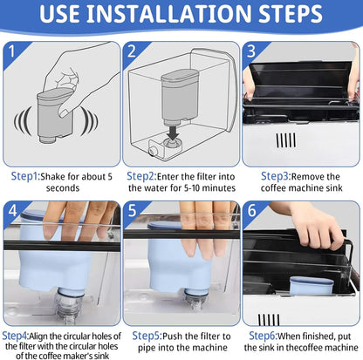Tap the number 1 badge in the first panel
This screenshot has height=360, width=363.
[12, 51]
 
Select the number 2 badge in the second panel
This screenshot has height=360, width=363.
[132, 51]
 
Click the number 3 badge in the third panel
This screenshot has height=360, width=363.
[251, 51]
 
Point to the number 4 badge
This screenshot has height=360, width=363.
[12, 210]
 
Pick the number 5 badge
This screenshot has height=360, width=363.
[132, 210]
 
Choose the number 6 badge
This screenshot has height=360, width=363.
[251, 210]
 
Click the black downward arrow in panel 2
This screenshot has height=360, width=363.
[174, 132]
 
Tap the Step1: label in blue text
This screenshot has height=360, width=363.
[25, 176]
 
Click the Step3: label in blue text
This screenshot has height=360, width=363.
[276, 176]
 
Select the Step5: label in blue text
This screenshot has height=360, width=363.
[147, 336]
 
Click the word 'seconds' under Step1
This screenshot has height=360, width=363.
[63, 188]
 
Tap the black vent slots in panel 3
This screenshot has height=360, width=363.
[286, 140]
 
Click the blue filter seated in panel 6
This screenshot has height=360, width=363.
[312, 286]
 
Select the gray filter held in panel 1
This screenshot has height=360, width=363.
[55, 116]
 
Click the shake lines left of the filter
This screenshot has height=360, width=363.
[23, 121]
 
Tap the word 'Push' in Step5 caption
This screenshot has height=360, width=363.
[173, 336]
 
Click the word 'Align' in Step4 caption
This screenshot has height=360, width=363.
[38, 336]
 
